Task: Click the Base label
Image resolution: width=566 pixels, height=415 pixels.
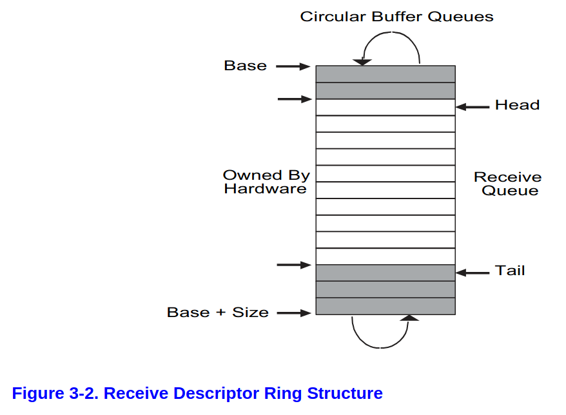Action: pyautogui.click(x=245, y=66)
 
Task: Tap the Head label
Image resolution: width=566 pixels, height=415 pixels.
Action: pyautogui.click(x=517, y=105)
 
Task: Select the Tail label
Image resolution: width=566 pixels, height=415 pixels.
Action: pyautogui.click(x=510, y=271)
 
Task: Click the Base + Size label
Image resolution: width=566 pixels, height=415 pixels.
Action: pyautogui.click(x=217, y=313)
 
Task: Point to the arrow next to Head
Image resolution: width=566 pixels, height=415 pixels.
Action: pyautogui.click(x=473, y=107)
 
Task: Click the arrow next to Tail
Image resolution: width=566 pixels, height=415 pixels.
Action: pyautogui.click(x=473, y=273)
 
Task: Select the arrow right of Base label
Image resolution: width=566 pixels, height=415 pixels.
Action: pyautogui.click(x=293, y=66)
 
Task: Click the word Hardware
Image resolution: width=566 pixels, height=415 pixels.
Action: pyautogui.click(x=265, y=189)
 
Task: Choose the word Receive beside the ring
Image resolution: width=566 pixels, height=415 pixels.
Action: pyautogui.click(x=507, y=177)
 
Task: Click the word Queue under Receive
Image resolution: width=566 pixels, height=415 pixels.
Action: pyautogui.click(x=510, y=191)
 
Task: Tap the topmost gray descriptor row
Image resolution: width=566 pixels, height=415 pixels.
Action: pyautogui.click(x=385, y=74)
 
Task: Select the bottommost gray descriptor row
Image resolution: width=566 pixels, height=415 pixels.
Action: pyautogui.click(x=385, y=306)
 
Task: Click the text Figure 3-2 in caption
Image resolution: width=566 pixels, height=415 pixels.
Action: pyautogui.click(x=54, y=393)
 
